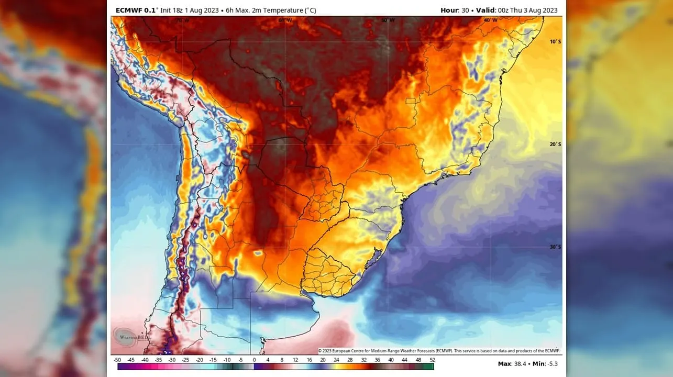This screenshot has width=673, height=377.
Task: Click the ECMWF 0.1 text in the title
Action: [135, 10]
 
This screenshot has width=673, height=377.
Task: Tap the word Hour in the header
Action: [449, 10]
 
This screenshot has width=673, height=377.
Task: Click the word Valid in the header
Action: [485, 10]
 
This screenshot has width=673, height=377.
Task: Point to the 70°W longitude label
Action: [182, 20]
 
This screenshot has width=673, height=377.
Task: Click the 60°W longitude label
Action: [285, 20]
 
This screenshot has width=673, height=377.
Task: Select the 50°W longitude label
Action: [388, 20]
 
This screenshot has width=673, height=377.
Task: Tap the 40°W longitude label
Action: [490, 20]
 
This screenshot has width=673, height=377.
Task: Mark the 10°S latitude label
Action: [555, 41]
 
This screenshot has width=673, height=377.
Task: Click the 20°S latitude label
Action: [555, 144]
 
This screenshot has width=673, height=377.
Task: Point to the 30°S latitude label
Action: [555, 247]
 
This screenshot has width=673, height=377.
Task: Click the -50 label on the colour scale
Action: [117, 360]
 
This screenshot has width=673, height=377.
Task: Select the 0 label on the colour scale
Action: [254, 360]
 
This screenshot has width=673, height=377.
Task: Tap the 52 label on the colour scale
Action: [432, 360]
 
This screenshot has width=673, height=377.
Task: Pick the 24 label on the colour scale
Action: [336, 360]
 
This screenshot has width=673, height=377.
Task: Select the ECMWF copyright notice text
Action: [439, 351]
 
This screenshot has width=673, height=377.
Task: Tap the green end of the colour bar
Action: [428, 367]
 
